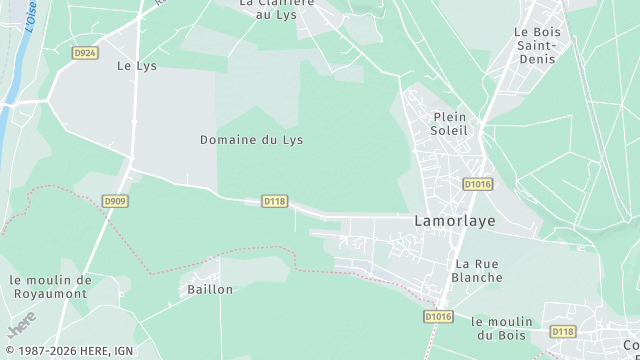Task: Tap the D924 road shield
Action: click(x=86, y=52)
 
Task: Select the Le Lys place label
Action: click(x=137, y=66)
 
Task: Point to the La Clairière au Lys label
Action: click(x=277, y=8)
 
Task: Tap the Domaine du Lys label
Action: click(x=251, y=140)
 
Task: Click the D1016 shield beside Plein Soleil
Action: click(x=479, y=184)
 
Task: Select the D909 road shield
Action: click(x=115, y=201)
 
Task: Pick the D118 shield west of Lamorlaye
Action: click(x=275, y=201)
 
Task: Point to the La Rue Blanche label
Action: click(x=476, y=271)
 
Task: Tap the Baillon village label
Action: click(x=210, y=289)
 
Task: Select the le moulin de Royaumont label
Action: click(x=50, y=287)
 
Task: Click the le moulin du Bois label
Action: click(x=505, y=328)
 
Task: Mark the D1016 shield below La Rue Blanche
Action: click(x=438, y=317)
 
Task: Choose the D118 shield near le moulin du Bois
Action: click(x=563, y=331)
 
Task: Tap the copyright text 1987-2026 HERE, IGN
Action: click(x=68, y=351)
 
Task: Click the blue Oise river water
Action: click(x=8, y=110)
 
